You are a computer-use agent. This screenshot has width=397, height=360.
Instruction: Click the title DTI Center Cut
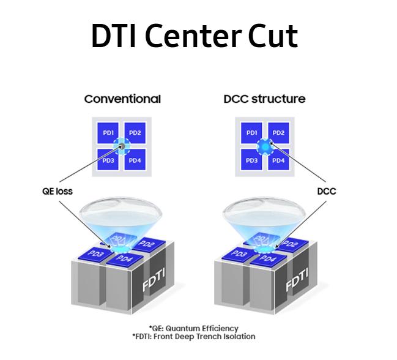(x=195, y=37)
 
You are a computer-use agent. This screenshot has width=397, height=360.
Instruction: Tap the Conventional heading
(x=122, y=99)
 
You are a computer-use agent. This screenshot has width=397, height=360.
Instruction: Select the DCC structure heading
(x=264, y=99)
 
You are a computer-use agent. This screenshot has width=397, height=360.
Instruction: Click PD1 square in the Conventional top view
(x=108, y=133)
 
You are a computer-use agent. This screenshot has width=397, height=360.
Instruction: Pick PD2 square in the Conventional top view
(x=135, y=133)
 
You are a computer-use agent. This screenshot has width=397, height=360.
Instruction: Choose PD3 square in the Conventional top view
(x=108, y=160)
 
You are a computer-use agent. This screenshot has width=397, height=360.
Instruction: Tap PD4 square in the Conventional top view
(x=135, y=160)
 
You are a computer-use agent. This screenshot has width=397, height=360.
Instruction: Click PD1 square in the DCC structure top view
(x=251, y=133)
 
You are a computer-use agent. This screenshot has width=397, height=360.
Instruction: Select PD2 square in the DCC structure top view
(x=278, y=133)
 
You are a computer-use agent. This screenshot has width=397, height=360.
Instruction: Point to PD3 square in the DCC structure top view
(x=251, y=160)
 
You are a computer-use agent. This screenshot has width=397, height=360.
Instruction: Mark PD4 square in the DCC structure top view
(x=278, y=160)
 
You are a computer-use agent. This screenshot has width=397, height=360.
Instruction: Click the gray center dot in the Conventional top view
(x=122, y=146)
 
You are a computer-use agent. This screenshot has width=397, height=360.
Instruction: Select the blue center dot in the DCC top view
(x=265, y=146)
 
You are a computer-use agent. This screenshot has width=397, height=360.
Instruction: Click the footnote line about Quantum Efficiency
(x=194, y=329)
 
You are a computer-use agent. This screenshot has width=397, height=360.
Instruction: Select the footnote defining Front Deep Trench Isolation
(x=194, y=337)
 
